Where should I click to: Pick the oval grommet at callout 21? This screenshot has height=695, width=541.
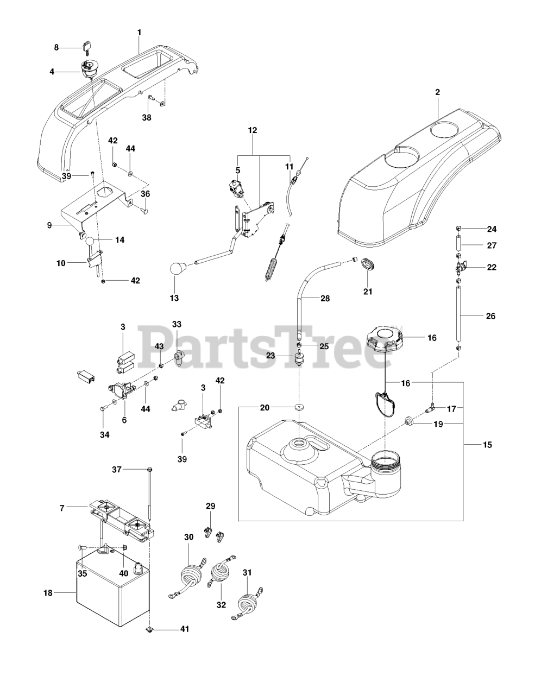pos(368,263)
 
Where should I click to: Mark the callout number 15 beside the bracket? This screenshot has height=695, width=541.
pos(487,445)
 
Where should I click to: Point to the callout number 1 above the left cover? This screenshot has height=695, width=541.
pos(139,33)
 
